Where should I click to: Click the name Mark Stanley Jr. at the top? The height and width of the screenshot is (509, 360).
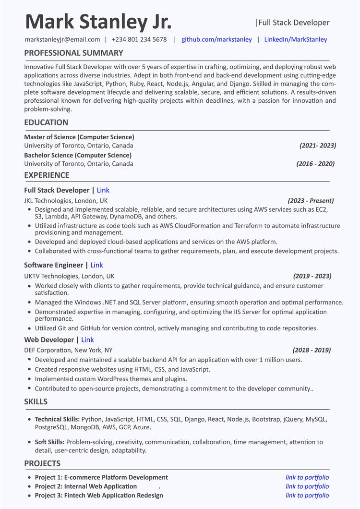pyautogui.click(x=98, y=22)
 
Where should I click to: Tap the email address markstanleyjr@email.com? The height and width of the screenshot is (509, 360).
pyautogui.click(x=62, y=39)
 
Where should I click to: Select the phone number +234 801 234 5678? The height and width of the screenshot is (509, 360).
pyautogui.click(x=139, y=39)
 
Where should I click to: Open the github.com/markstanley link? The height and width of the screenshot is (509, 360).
pyautogui.click(x=216, y=39)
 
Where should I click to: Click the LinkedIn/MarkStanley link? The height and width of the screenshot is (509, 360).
pyautogui.click(x=296, y=39)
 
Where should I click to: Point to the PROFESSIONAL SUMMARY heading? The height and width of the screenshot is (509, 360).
pyautogui.click(x=73, y=53)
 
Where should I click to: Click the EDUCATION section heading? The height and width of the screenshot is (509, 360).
pyautogui.click(x=46, y=122)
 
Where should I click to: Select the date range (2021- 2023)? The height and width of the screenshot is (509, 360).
pyautogui.click(x=318, y=145)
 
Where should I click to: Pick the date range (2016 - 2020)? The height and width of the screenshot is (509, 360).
pyautogui.click(x=315, y=164)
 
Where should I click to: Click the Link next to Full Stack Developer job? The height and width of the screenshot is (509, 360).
pyautogui.click(x=103, y=190)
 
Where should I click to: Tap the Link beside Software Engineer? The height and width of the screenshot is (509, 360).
pyautogui.click(x=96, y=265)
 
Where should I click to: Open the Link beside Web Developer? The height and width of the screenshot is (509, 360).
pyautogui.click(x=87, y=340)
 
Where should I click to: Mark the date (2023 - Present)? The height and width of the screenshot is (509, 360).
pyautogui.click(x=311, y=201)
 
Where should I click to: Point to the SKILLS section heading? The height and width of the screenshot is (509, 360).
pyautogui.click(x=36, y=401)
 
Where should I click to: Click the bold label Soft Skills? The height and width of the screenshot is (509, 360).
pyautogui.click(x=50, y=442)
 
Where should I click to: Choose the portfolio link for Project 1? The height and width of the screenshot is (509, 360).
pyautogui.click(x=307, y=477)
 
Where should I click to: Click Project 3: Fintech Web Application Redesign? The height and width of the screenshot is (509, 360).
pyautogui.click(x=99, y=495)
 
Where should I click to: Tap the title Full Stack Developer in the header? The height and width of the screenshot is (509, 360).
pyautogui.click(x=294, y=23)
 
